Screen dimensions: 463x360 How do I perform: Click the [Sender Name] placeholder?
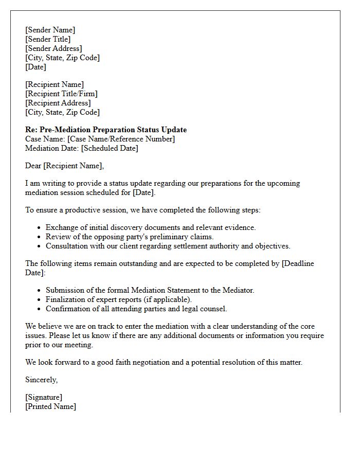pos(50,30)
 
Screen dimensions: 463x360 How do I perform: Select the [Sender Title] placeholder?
pos(48,39)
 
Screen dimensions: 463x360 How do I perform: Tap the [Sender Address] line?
pos(53,48)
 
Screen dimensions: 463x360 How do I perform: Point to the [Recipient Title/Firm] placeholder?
pos(61,94)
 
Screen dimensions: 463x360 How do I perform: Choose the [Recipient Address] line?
pos(58,103)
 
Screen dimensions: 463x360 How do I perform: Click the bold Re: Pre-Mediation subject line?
pos(106,130)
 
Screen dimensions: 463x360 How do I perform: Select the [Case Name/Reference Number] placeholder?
pos(121,139)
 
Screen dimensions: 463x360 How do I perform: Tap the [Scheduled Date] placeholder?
pos(110,148)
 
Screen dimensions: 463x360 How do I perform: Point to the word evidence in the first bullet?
pos(239,227)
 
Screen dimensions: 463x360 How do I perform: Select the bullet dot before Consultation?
pos(39,246)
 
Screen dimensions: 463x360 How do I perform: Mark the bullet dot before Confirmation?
pos(39,309)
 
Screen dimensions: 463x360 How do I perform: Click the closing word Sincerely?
pos(41,380)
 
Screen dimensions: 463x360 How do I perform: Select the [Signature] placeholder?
pos(44,397)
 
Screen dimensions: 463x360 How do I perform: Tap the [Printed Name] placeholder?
pos(50,406)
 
